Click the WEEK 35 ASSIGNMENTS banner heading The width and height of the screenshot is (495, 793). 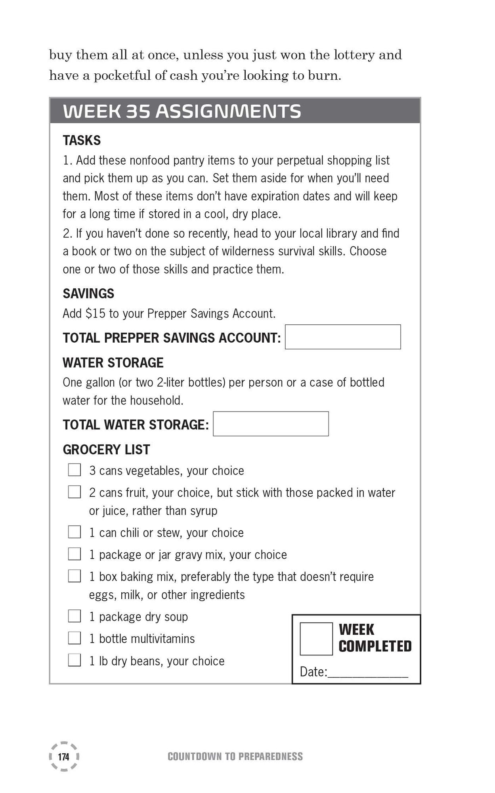point(182,111)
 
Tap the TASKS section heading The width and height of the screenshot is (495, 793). point(82,140)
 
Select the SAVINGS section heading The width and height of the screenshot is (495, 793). point(88,293)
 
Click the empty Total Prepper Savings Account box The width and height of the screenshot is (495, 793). point(343,337)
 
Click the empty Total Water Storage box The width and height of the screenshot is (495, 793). point(271,424)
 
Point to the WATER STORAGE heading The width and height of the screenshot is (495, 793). point(113,362)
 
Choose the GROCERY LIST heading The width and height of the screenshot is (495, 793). point(106,449)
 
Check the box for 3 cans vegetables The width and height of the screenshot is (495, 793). point(75,470)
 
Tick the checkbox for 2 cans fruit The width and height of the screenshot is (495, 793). point(75,492)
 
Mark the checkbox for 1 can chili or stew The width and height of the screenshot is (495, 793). point(75,532)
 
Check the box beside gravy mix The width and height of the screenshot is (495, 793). point(75,554)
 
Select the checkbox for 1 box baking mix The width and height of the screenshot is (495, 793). point(75,576)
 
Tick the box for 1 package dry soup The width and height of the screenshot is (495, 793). point(75,616)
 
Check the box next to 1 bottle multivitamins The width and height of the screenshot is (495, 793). point(75,638)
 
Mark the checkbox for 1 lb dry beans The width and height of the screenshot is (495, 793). point(75,660)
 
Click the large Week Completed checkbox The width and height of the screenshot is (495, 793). point(316,639)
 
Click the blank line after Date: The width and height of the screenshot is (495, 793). point(368,673)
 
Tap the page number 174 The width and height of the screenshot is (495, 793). point(63,757)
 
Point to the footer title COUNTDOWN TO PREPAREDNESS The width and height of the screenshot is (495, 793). point(235,757)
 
